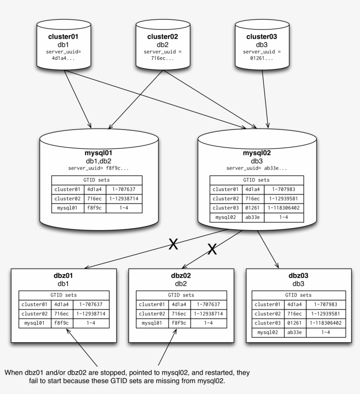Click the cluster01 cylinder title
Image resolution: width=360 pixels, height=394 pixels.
pyautogui.click(x=63, y=37)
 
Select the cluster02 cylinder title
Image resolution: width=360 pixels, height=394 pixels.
pyautogui.click(x=162, y=37)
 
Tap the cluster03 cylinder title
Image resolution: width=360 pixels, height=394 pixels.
pyautogui.click(x=262, y=37)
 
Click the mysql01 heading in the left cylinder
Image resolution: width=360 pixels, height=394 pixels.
pyautogui.click(x=98, y=153)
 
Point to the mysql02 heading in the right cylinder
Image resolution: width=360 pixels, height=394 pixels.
pyautogui.click(x=257, y=153)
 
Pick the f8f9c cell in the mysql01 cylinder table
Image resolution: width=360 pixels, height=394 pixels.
pyautogui.click(x=94, y=208)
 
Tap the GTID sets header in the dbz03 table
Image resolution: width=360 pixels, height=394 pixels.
pyautogui.click(x=299, y=295)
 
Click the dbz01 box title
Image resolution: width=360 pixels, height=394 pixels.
pyautogui.click(x=63, y=276)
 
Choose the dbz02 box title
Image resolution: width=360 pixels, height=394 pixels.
pyautogui.click(x=181, y=276)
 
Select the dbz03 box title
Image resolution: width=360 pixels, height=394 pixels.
pyautogui.click(x=299, y=276)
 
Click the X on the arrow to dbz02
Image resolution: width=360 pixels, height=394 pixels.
pyautogui.click(x=212, y=249)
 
